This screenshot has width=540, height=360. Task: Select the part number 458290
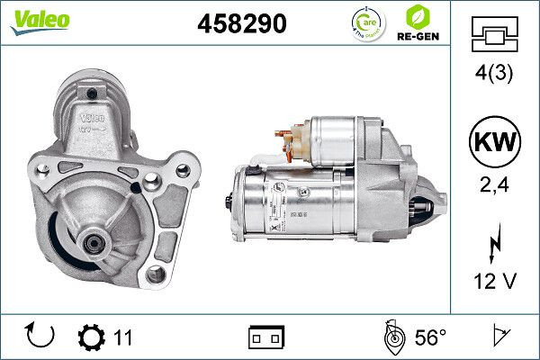point(241,24)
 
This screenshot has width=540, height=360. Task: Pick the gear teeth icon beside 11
point(92,337)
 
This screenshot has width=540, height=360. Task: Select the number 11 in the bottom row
point(123,337)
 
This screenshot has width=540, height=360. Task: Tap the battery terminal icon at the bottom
point(265,337)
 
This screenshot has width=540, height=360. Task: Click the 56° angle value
point(430,337)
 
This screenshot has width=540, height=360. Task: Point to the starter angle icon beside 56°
point(392,337)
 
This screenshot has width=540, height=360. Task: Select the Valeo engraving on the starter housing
point(92,116)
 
